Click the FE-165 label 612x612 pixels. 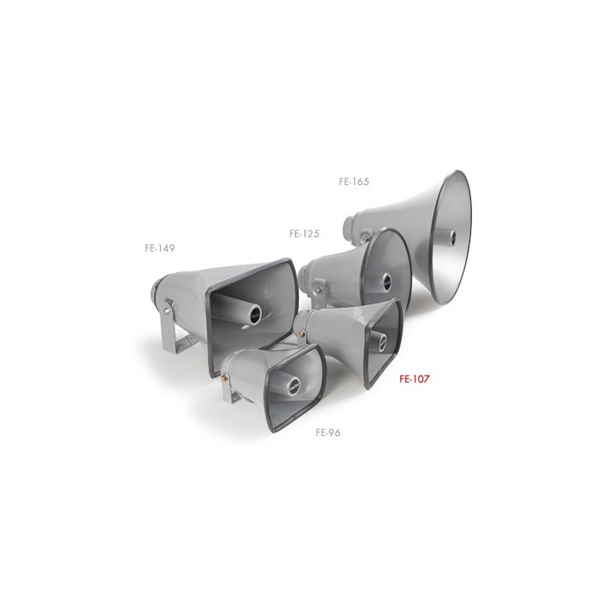tap(354, 181)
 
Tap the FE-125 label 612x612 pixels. tap(304, 233)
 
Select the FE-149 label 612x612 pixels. tap(160, 248)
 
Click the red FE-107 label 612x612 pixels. tap(414, 379)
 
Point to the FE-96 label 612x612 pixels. tap(328, 432)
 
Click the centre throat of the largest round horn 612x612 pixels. tap(452, 236)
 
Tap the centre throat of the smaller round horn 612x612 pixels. tap(386, 279)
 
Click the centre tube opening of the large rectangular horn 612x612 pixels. tap(256, 314)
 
